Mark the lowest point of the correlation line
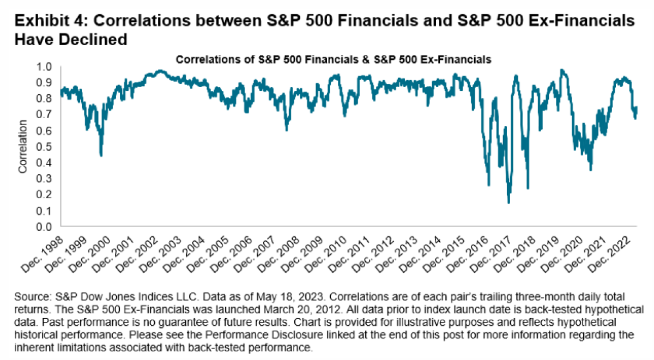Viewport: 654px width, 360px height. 508,203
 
